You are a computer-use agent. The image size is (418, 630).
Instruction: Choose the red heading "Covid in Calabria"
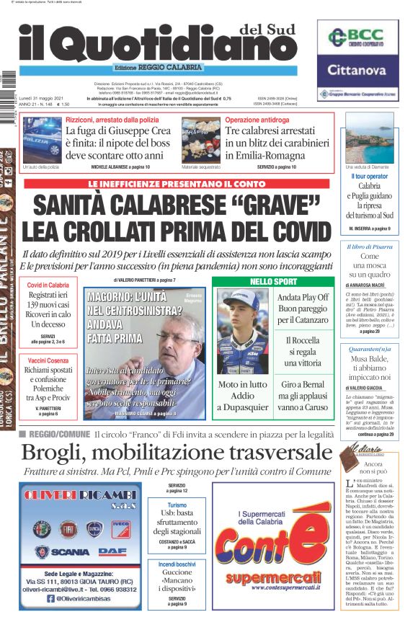pos(48,285)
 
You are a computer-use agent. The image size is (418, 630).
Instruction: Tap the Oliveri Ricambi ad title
pos(81,497)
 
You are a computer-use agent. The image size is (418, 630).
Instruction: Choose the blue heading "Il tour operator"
pos(369,176)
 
